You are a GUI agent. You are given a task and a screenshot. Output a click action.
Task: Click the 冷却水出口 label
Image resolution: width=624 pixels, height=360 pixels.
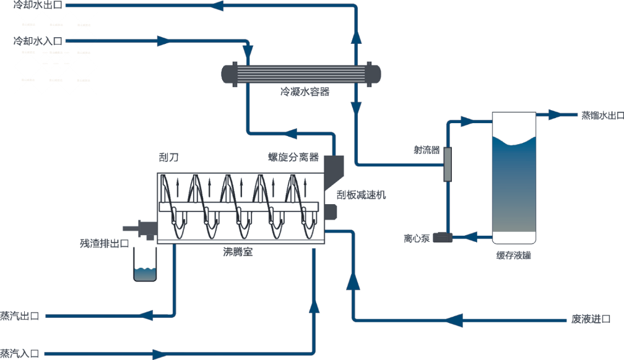[x=38, y=6]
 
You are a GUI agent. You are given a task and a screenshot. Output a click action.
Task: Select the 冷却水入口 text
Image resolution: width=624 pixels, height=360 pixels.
[x=38, y=41]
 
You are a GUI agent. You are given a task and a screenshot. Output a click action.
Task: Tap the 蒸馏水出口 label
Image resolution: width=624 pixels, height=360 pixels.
[x=601, y=116]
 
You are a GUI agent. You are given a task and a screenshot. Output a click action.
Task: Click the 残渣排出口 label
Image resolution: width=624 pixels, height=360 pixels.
[x=105, y=243]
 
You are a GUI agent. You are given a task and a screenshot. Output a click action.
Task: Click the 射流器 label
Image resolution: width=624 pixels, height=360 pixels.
[x=427, y=150]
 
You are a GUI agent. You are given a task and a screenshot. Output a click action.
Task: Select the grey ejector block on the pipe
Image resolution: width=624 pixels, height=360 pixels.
[x=448, y=163]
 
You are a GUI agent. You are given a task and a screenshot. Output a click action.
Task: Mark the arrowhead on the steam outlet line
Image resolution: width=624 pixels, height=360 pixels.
[x=146, y=315]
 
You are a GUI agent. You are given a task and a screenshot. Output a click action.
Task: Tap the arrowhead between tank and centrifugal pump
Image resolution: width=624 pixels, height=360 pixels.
[x=470, y=237]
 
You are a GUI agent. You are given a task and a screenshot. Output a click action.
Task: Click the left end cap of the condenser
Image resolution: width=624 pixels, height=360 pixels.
[x=227, y=74]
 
